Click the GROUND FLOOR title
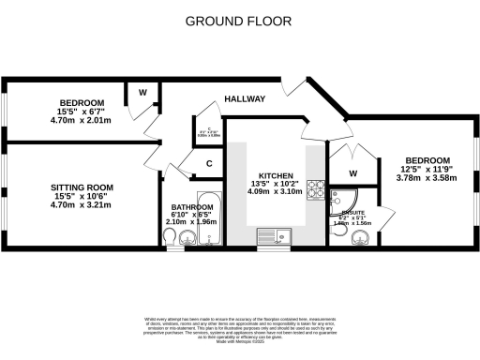[x=238, y=21]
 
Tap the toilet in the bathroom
[x=168, y=241]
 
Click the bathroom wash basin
[x=187, y=240]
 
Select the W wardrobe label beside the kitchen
[x=353, y=173]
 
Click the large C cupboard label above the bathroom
[x=209, y=163]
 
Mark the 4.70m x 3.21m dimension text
[x=80, y=203]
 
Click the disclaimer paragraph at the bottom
[x=240, y=331]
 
